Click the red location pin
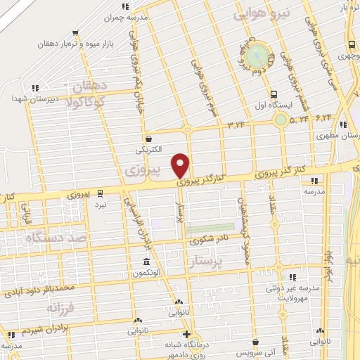(x=181, y=165)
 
